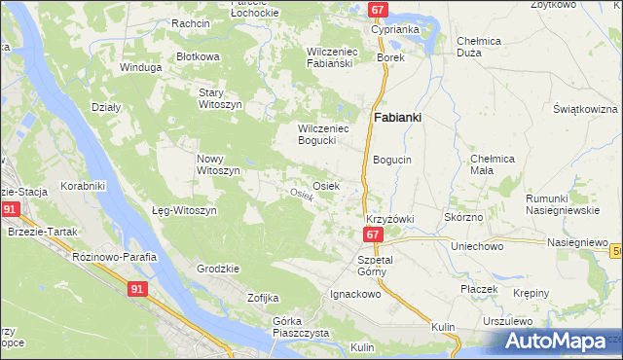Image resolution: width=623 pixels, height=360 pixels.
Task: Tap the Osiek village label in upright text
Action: tap(325, 186)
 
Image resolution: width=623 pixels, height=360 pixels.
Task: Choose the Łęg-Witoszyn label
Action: tap(184, 210)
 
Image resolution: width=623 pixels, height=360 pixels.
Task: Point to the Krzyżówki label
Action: tap(389, 220)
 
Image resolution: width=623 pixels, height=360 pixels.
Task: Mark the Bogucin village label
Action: tap(392, 159)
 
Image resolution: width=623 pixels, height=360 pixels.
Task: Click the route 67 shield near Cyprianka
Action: tap(379, 10)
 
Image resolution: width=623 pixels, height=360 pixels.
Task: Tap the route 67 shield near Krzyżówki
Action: tap(374, 235)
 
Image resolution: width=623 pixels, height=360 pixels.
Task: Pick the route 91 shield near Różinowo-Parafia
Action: tap(140, 287)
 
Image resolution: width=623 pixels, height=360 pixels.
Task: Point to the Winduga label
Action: tap(138, 68)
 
